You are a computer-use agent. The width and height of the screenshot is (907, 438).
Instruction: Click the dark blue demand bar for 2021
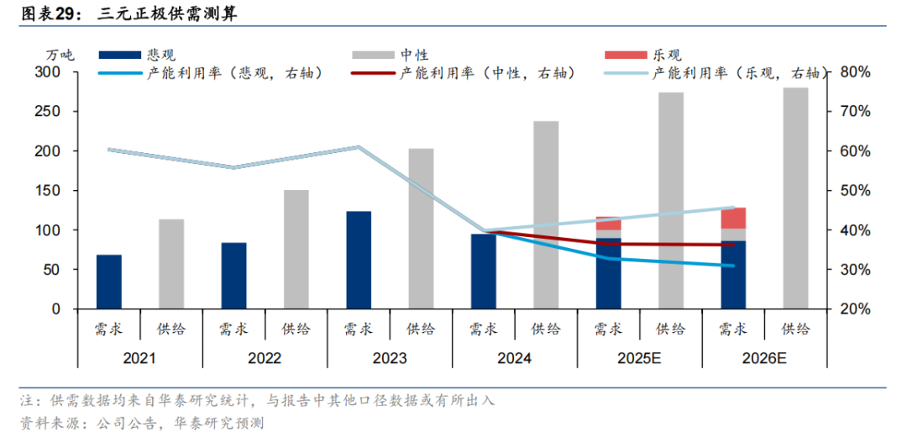109,282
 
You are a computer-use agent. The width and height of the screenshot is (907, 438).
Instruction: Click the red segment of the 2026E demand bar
733,218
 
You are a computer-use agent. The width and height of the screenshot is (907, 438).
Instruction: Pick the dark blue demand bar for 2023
359,260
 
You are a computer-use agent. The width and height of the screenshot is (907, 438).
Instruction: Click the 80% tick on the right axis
854,72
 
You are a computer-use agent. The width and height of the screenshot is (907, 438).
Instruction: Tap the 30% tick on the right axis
854,270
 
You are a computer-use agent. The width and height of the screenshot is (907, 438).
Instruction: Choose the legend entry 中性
415,55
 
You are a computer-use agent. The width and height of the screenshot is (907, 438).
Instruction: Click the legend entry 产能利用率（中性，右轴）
487,73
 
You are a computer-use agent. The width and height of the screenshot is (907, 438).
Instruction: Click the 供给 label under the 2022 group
296,329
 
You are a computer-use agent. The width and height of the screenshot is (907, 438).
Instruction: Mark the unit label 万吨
60,55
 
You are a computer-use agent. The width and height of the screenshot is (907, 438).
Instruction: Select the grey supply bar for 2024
546,215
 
